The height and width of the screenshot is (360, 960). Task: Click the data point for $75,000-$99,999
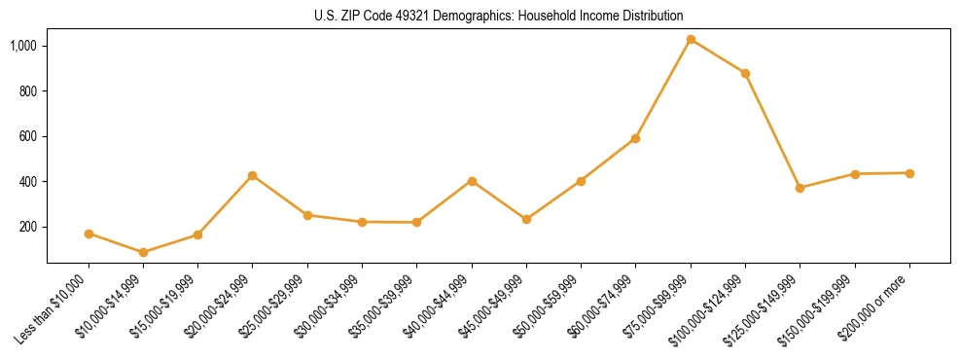pyautogui.click(x=691, y=40)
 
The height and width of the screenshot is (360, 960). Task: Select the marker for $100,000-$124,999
pyautogui.click(x=745, y=74)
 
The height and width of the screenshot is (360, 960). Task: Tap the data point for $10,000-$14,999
pyautogui.click(x=143, y=252)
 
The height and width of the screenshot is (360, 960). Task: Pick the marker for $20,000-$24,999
pyautogui.click(x=253, y=176)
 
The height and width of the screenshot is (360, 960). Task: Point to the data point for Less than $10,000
pyautogui.click(x=89, y=234)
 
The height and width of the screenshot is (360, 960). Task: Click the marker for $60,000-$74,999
pyautogui.click(x=635, y=138)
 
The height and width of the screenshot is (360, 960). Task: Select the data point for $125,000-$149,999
pyautogui.click(x=800, y=188)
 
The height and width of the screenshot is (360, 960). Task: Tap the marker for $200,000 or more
pyautogui.click(x=909, y=173)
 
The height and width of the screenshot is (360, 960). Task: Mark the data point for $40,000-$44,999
pyautogui.click(x=472, y=181)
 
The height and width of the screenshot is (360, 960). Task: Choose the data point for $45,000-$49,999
pyautogui.click(x=526, y=220)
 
